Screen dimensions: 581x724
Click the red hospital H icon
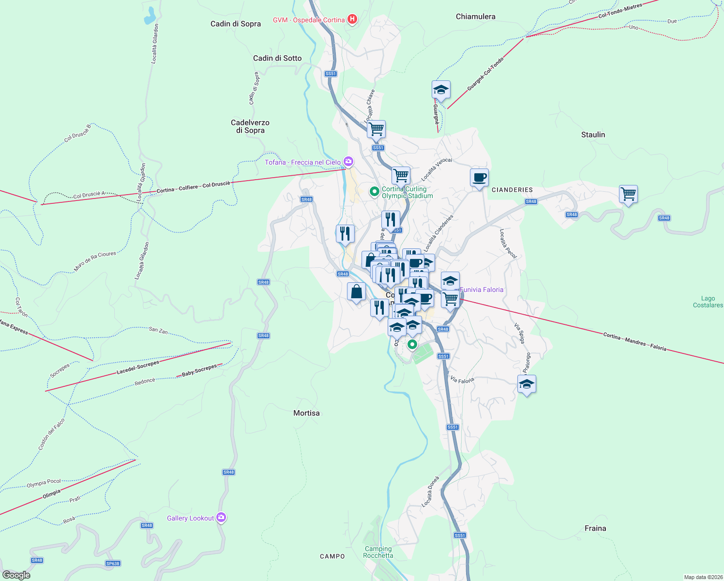tap(352, 19)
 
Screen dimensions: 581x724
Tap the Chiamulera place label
tap(475, 16)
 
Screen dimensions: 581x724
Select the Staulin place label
tap(593, 135)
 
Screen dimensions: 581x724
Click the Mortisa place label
tap(306, 413)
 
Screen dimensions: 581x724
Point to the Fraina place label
tap(595, 528)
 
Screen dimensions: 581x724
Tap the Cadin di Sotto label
tap(277, 58)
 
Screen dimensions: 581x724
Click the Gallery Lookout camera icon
tap(221, 518)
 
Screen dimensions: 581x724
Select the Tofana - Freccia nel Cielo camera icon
tap(348, 162)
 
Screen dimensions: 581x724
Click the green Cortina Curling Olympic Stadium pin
tap(374, 192)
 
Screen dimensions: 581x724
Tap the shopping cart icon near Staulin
tap(628, 194)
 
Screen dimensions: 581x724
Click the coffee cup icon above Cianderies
tap(479, 178)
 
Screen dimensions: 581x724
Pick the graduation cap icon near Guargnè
tap(441, 90)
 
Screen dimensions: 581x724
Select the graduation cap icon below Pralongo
tap(527, 384)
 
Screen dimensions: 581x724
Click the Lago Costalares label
tap(708, 302)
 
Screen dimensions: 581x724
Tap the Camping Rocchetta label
tap(378, 552)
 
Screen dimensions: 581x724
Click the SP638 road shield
tap(113, 563)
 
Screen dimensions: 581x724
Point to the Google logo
tap(16, 575)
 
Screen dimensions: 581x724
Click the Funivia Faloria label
tap(482, 290)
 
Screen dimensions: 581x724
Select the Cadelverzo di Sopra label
tap(250, 126)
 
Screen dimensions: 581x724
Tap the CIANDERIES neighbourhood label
tap(512, 190)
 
